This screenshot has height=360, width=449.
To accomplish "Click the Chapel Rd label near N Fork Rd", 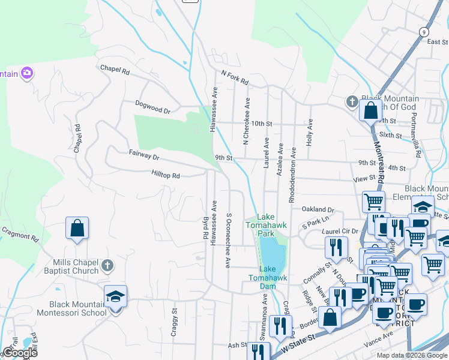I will tap(115, 70).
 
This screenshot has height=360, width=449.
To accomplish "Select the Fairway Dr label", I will tap(144, 155).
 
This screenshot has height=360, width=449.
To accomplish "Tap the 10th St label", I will tap(262, 124).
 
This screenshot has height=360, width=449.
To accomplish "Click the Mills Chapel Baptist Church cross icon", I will tap(107, 265).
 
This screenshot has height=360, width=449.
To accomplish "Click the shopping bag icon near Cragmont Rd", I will tap(77, 228).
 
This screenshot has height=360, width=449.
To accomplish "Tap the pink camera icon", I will tap(26, 73).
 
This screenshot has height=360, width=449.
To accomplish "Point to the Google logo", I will tap(20, 352).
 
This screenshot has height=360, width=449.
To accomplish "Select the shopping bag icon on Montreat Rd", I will tap(370, 110).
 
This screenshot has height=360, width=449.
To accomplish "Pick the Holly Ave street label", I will tap(310, 130).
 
